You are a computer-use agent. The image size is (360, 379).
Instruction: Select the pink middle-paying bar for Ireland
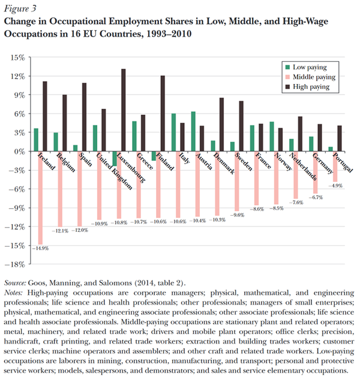[x=41, y=198]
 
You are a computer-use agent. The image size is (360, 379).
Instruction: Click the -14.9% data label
[x=41, y=247]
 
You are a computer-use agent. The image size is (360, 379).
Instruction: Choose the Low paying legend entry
[x=310, y=67]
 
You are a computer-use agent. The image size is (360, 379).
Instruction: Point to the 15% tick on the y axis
[x=17, y=58]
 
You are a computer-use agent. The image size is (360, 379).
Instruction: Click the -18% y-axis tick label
[x=15, y=264]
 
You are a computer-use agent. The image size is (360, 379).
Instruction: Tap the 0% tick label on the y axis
[x=18, y=151]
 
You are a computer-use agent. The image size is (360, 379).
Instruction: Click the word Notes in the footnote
[x=14, y=291]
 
